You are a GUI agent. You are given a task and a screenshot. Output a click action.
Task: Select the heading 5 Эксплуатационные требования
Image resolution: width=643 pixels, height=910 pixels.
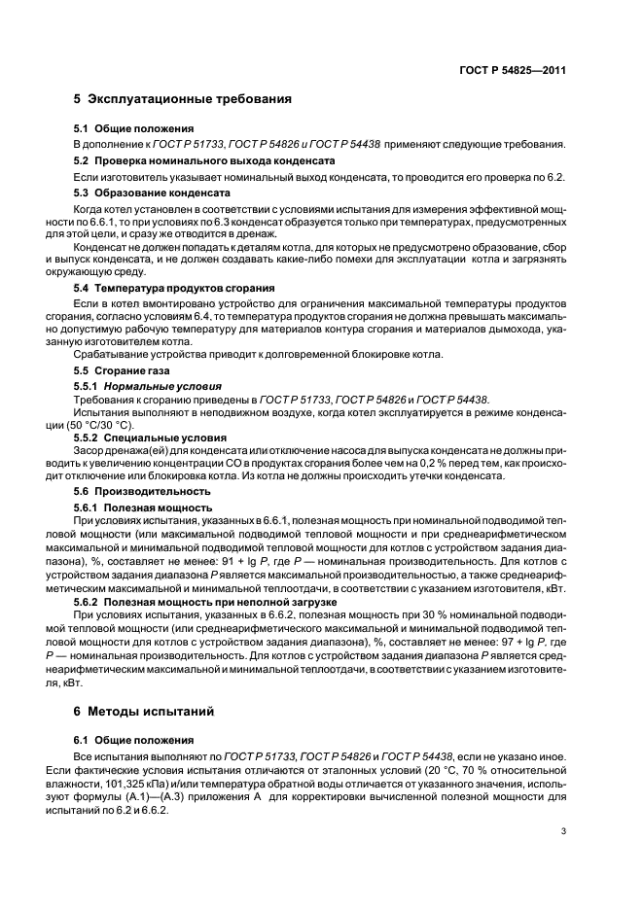(x=183, y=100)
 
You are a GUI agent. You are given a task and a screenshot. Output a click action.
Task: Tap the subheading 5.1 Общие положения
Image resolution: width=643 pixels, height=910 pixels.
(x=133, y=128)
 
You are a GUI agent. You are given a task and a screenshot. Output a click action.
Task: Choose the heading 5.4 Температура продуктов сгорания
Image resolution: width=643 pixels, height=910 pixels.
(x=175, y=288)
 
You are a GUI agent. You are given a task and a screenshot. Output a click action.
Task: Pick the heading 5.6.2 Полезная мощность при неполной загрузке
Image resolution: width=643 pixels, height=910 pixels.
(x=205, y=602)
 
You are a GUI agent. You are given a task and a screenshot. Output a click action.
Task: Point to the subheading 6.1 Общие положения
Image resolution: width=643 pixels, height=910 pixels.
(x=133, y=739)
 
